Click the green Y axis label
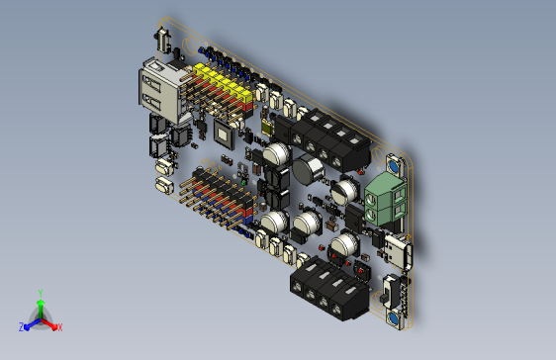pos(40,293)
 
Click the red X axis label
pos(59,327)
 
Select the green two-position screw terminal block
pos(386,195)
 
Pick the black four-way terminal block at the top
pos(327,137)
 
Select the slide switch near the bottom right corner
pos(390,293)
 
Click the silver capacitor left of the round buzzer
pos(276,155)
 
